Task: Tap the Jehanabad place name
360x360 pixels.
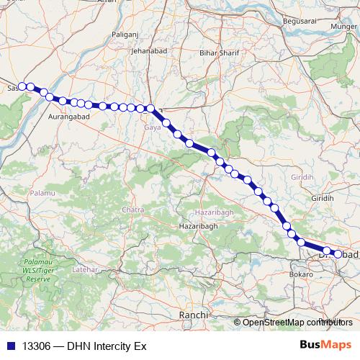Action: [150, 51]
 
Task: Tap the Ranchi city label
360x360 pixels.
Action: [194, 315]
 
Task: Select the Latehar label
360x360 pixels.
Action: [85, 269]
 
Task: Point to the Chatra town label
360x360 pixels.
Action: [134, 210]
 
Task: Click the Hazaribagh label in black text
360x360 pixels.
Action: [194, 226]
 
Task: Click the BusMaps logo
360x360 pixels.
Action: [325, 346]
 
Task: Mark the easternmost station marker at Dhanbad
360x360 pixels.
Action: [338, 253]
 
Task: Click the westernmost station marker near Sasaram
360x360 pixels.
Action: [22, 86]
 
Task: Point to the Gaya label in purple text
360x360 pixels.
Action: [153, 127]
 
